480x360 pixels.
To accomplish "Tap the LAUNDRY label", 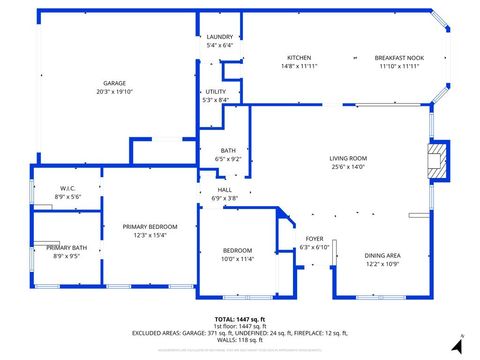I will pos(219,37).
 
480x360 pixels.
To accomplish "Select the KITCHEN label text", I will pos(299,58).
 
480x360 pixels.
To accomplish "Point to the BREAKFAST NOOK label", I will pos(397,58).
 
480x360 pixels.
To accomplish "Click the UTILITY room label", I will pos(216,91).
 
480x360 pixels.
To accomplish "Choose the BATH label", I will pos(228,151).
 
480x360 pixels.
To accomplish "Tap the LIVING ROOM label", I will pos(349,158).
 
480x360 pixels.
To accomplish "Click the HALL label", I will pos(225,189).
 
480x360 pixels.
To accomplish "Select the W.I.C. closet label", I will pos(68,189).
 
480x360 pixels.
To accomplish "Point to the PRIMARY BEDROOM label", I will pos(150,227).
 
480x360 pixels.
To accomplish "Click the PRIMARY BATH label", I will pos(66,247).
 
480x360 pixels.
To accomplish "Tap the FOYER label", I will pos(315,239).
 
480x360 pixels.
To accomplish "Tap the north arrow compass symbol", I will pos(456,344).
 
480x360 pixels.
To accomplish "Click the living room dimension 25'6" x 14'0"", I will pos(349,166).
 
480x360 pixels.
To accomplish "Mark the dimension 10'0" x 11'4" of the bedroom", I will pos(237,259).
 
